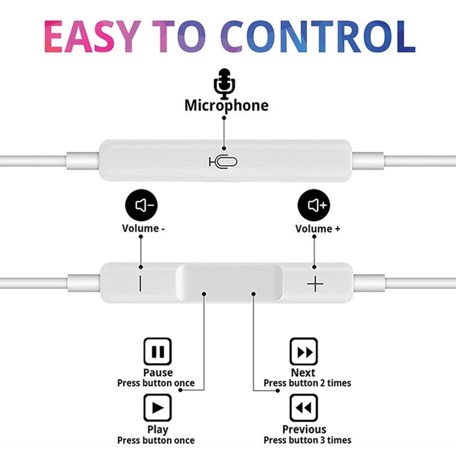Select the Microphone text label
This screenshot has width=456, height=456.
pos(226,105)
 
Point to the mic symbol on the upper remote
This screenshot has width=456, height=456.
pos(223,162)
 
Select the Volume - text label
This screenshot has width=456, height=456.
pos(144,229)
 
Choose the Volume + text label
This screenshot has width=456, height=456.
pos(317,229)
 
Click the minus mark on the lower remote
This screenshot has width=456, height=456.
pos(140,283)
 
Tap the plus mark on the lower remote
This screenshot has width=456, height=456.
pos(315,283)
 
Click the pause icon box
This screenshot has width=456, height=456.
pos(157,352)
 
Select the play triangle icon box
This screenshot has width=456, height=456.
pos(157,408)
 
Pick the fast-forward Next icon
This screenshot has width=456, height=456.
pos(303,352)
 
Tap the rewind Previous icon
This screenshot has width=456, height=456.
pos(303,408)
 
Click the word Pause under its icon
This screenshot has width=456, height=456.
pos(157,373)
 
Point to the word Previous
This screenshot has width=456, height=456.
pos(304,429)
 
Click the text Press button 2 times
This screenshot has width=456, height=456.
pos(307,383)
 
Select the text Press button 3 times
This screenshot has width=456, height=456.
pos(307,440)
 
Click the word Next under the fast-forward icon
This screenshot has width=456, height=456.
pos(303,373)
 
